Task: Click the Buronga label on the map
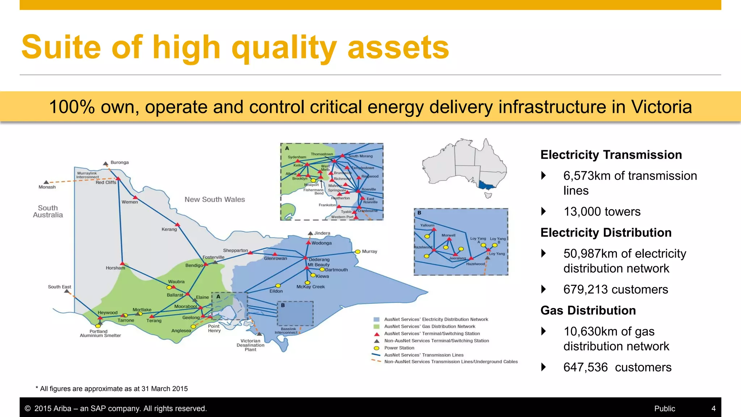click(x=119, y=163)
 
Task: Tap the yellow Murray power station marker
click(x=357, y=252)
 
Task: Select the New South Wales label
click(x=215, y=199)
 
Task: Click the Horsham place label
click(x=115, y=268)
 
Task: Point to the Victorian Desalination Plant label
click(x=250, y=345)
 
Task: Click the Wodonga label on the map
click(x=321, y=243)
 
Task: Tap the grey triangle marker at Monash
click(x=46, y=182)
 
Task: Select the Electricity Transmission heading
click(x=611, y=155)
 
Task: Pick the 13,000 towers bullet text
click(x=602, y=212)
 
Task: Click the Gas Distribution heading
click(x=588, y=311)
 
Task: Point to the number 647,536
click(x=585, y=367)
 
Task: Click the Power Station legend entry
click(x=399, y=348)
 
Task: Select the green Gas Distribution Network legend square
click(x=376, y=327)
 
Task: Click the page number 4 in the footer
click(x=713, y=409)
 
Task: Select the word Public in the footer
click(x=664, y=409)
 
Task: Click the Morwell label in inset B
click(x=448, y=235)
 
